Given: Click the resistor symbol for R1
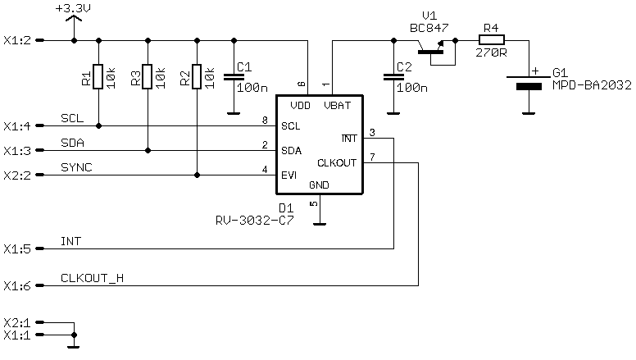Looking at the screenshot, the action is click(98, 76).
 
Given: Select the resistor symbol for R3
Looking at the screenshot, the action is click(148, 76).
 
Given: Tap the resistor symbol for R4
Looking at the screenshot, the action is click(492, 40).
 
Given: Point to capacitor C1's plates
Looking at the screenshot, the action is click(234, 77).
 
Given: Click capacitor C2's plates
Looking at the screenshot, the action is click(393, 77).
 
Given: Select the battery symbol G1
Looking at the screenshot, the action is click(529, 81).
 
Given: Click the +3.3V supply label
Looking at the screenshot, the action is click(73, 7).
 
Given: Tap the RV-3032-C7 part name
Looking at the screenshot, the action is click(255, 221).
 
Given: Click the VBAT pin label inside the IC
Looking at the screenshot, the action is click(337, 106).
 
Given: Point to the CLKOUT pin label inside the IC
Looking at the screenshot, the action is click(337, 162).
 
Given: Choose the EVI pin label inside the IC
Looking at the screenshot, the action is click(288, 175).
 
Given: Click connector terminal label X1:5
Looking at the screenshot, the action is click(17, 248).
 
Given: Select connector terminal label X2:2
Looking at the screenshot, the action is click(17, 175).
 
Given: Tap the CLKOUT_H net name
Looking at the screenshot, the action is click(92, 278).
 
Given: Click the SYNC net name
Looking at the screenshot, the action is click(76, 167).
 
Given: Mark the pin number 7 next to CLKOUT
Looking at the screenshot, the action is click(372, 157).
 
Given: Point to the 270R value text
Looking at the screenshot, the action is click(491, 52).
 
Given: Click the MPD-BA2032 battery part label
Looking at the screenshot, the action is click(592, 85).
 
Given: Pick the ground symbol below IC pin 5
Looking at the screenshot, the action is click(320, 224).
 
